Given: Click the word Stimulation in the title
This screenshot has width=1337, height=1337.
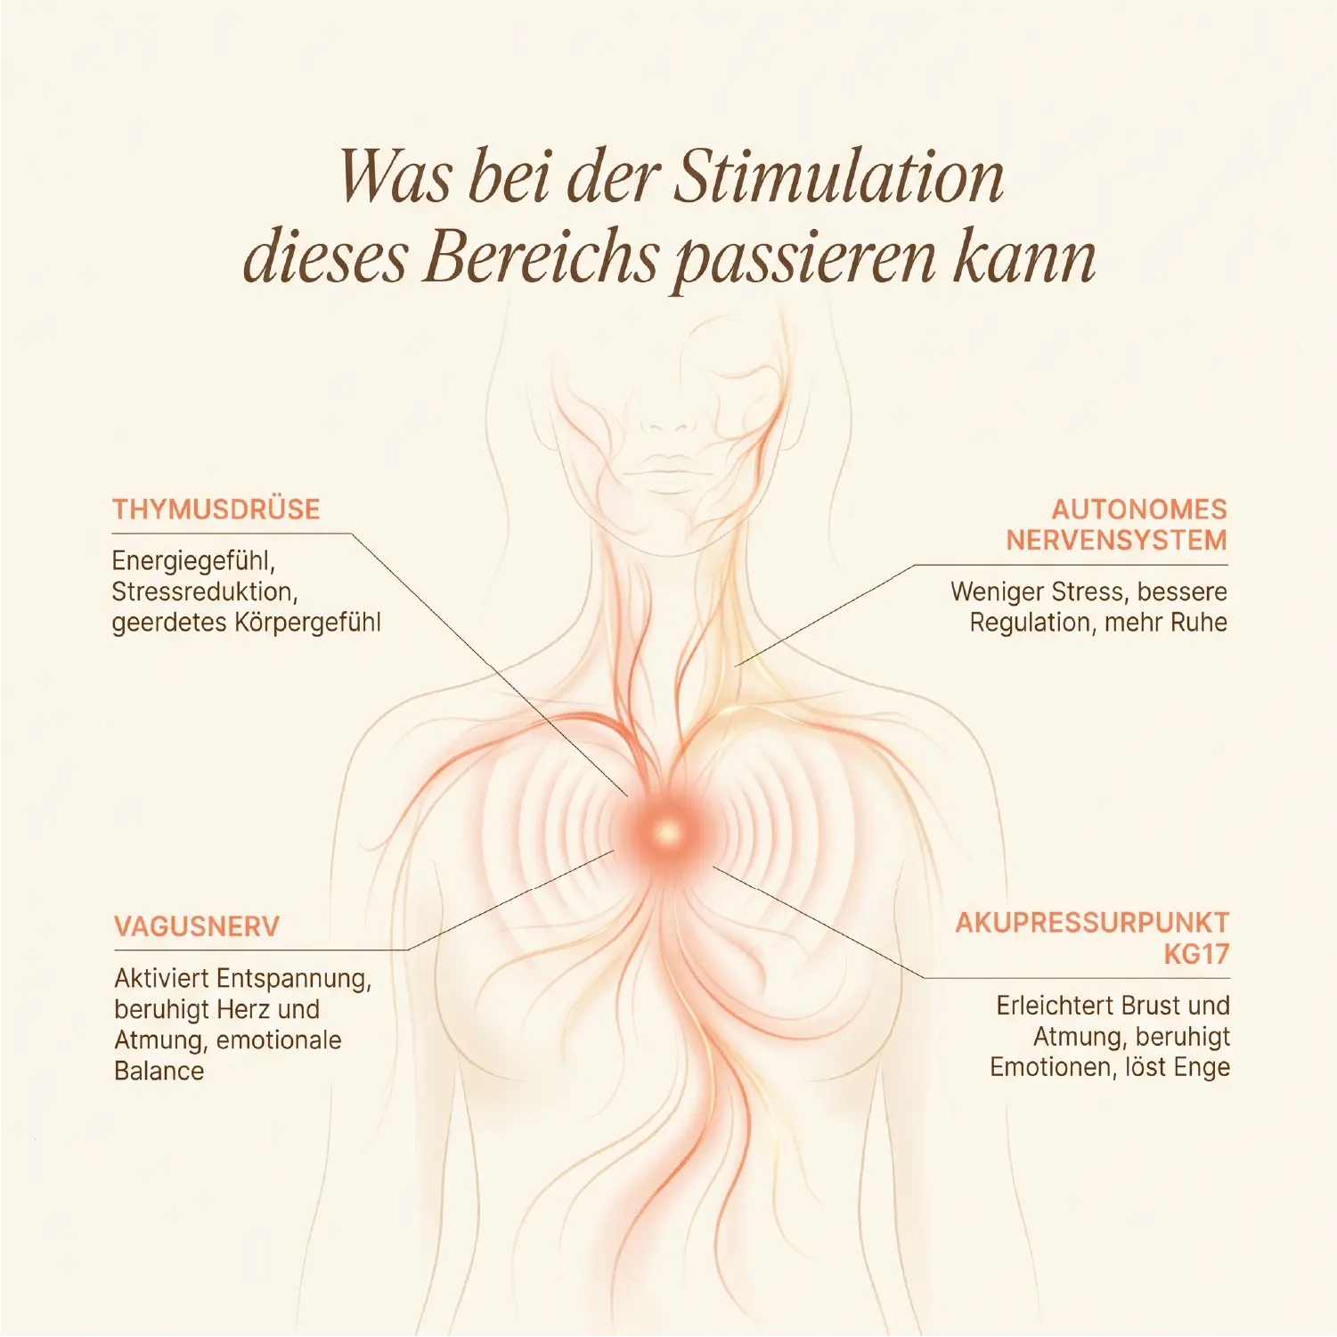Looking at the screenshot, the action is tap(838, 177).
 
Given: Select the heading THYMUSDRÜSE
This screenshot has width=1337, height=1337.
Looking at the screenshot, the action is tap(216, 510).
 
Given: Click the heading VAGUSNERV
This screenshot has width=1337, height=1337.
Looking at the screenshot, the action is tap(197, 926).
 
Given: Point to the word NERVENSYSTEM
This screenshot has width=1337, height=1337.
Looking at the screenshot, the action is tap(1117, 541).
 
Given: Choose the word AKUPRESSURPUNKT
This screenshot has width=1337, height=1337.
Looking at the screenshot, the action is tap(1092, 923).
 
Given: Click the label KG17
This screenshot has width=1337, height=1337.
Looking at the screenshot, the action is tap(1196, 954).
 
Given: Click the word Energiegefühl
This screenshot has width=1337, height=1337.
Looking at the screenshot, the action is tap(193, 562).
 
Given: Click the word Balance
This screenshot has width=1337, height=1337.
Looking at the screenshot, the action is tap(159, 1071).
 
